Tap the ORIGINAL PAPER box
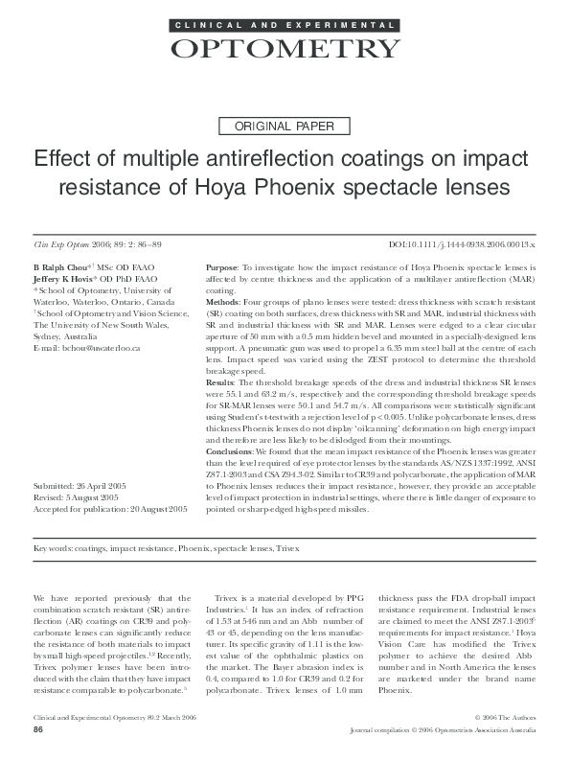pos(285,126)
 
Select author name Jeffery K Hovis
pos(64,277)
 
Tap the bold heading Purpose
pos(224,265)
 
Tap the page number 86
pos(38,730)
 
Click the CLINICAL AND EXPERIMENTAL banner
pos(285,22)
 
